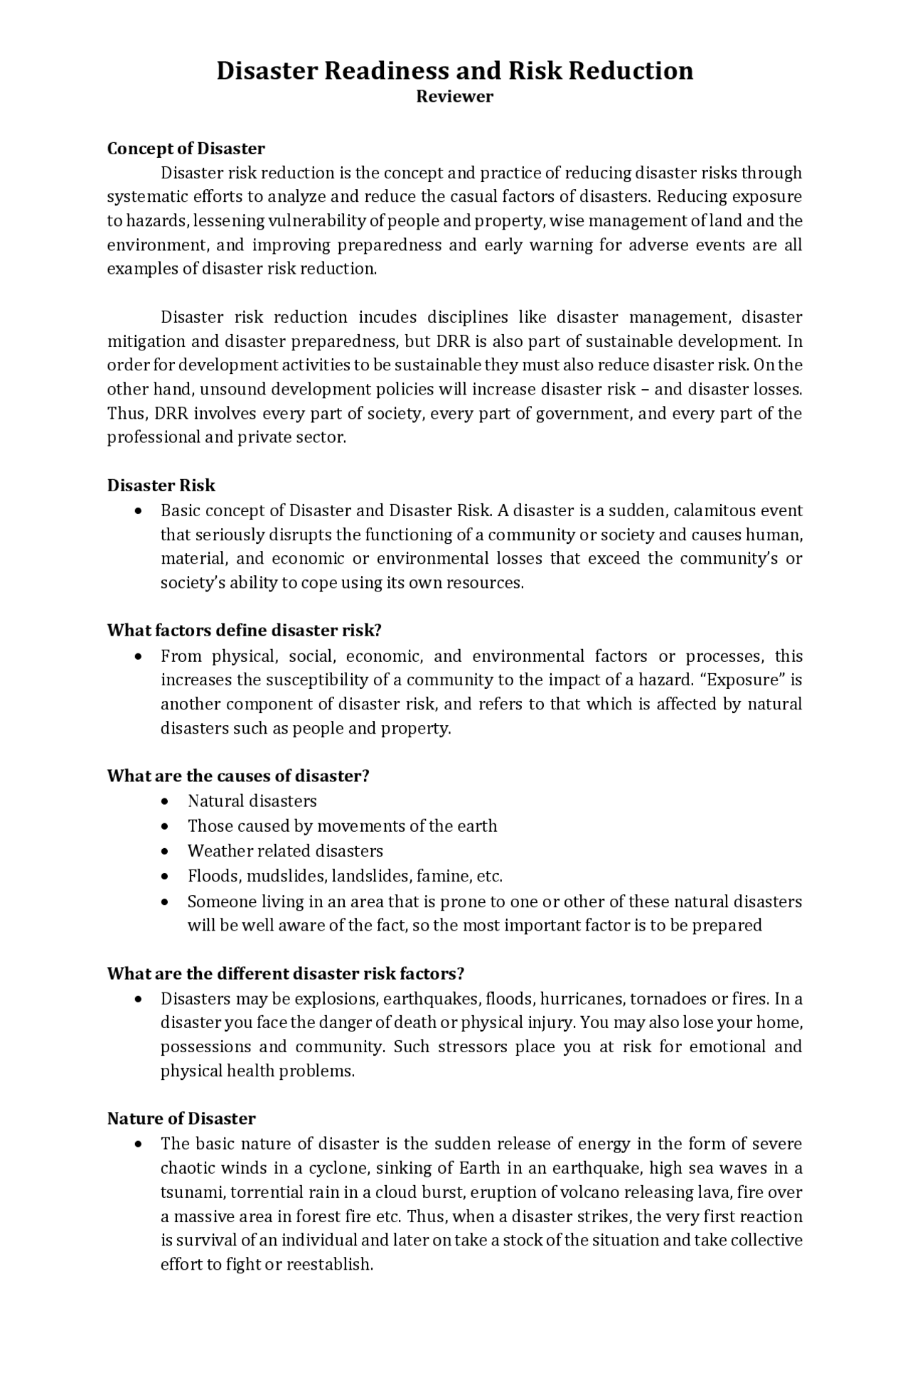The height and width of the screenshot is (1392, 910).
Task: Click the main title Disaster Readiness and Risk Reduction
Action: click(454, 71)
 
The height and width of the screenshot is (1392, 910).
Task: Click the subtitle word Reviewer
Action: click(454, 97)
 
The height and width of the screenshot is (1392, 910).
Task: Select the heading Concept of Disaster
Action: click(186, 149)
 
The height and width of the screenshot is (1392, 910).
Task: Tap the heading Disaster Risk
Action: click(161, 486)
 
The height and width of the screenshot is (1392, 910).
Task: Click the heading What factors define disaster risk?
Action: click(245, 631)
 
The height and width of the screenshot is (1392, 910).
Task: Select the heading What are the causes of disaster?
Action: click(238, 776)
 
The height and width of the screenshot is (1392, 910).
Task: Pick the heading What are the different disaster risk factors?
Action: click(286, 973)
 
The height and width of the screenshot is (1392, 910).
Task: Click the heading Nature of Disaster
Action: click(181, 1118)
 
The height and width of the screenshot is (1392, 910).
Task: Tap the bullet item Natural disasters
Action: click(252, 801)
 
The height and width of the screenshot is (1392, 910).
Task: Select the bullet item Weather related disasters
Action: click(285, 851)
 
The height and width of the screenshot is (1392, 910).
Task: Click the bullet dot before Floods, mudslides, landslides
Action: click(166, 877)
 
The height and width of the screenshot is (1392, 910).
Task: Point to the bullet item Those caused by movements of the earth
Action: click(342, 826)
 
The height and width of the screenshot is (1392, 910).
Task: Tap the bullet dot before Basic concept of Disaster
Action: click(138, 511)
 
